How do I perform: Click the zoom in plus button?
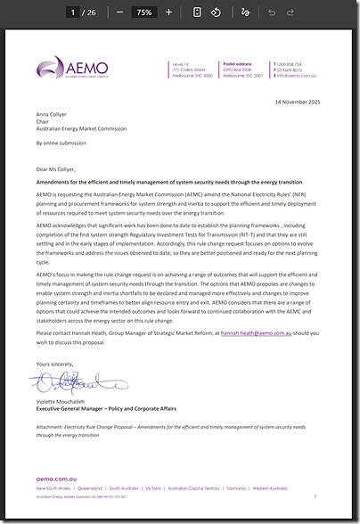tap(168, 12)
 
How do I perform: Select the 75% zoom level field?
tap(143, 12)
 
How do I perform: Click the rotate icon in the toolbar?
tap(215, 12)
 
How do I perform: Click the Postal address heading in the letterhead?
tap(236, 64)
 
